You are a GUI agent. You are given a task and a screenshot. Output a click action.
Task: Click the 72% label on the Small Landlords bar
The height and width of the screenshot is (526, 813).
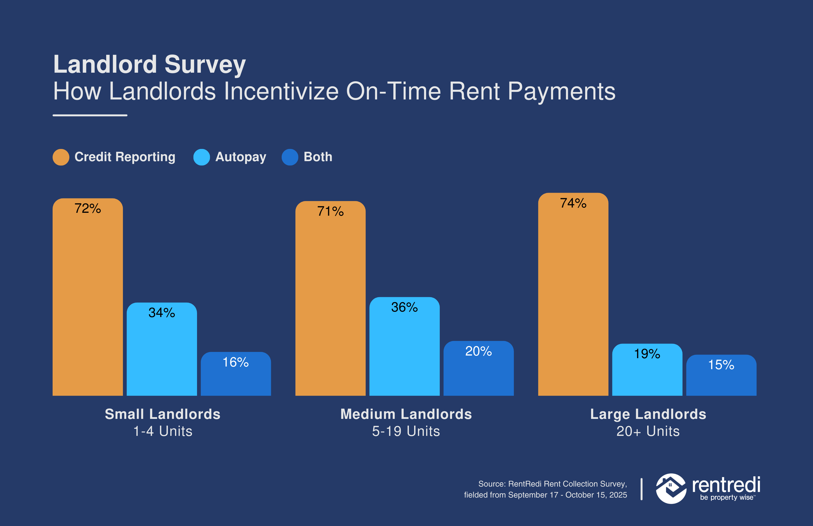coord(88,208)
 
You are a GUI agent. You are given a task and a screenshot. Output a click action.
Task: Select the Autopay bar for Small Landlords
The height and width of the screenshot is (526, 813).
coord(162,355)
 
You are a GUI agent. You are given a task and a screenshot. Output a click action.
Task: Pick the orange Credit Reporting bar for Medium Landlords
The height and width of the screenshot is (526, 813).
coord(330,307)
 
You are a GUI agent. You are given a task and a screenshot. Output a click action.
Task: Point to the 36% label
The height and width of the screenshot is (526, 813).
coord(404,307)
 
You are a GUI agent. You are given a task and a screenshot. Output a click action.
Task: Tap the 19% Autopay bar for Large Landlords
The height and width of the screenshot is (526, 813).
coord(647,376)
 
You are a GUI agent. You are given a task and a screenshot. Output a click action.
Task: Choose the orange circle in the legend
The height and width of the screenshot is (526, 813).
coord(61,157)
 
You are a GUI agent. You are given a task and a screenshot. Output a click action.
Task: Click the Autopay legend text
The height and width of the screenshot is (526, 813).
coord(241,157)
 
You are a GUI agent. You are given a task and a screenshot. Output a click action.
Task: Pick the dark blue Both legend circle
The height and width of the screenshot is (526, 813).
coord(290,157)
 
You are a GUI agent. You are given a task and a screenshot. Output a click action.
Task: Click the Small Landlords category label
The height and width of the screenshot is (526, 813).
coord(163,414)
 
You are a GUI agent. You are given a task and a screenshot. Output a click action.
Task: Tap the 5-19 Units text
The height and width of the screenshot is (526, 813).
coord(406,431)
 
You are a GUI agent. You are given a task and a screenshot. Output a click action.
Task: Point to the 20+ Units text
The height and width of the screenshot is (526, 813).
coord(648,431)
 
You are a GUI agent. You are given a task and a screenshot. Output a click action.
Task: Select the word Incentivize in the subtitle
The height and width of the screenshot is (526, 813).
coord(280,92)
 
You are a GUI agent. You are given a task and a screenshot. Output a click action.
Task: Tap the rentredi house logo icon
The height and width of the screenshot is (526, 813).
coord(670,488)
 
